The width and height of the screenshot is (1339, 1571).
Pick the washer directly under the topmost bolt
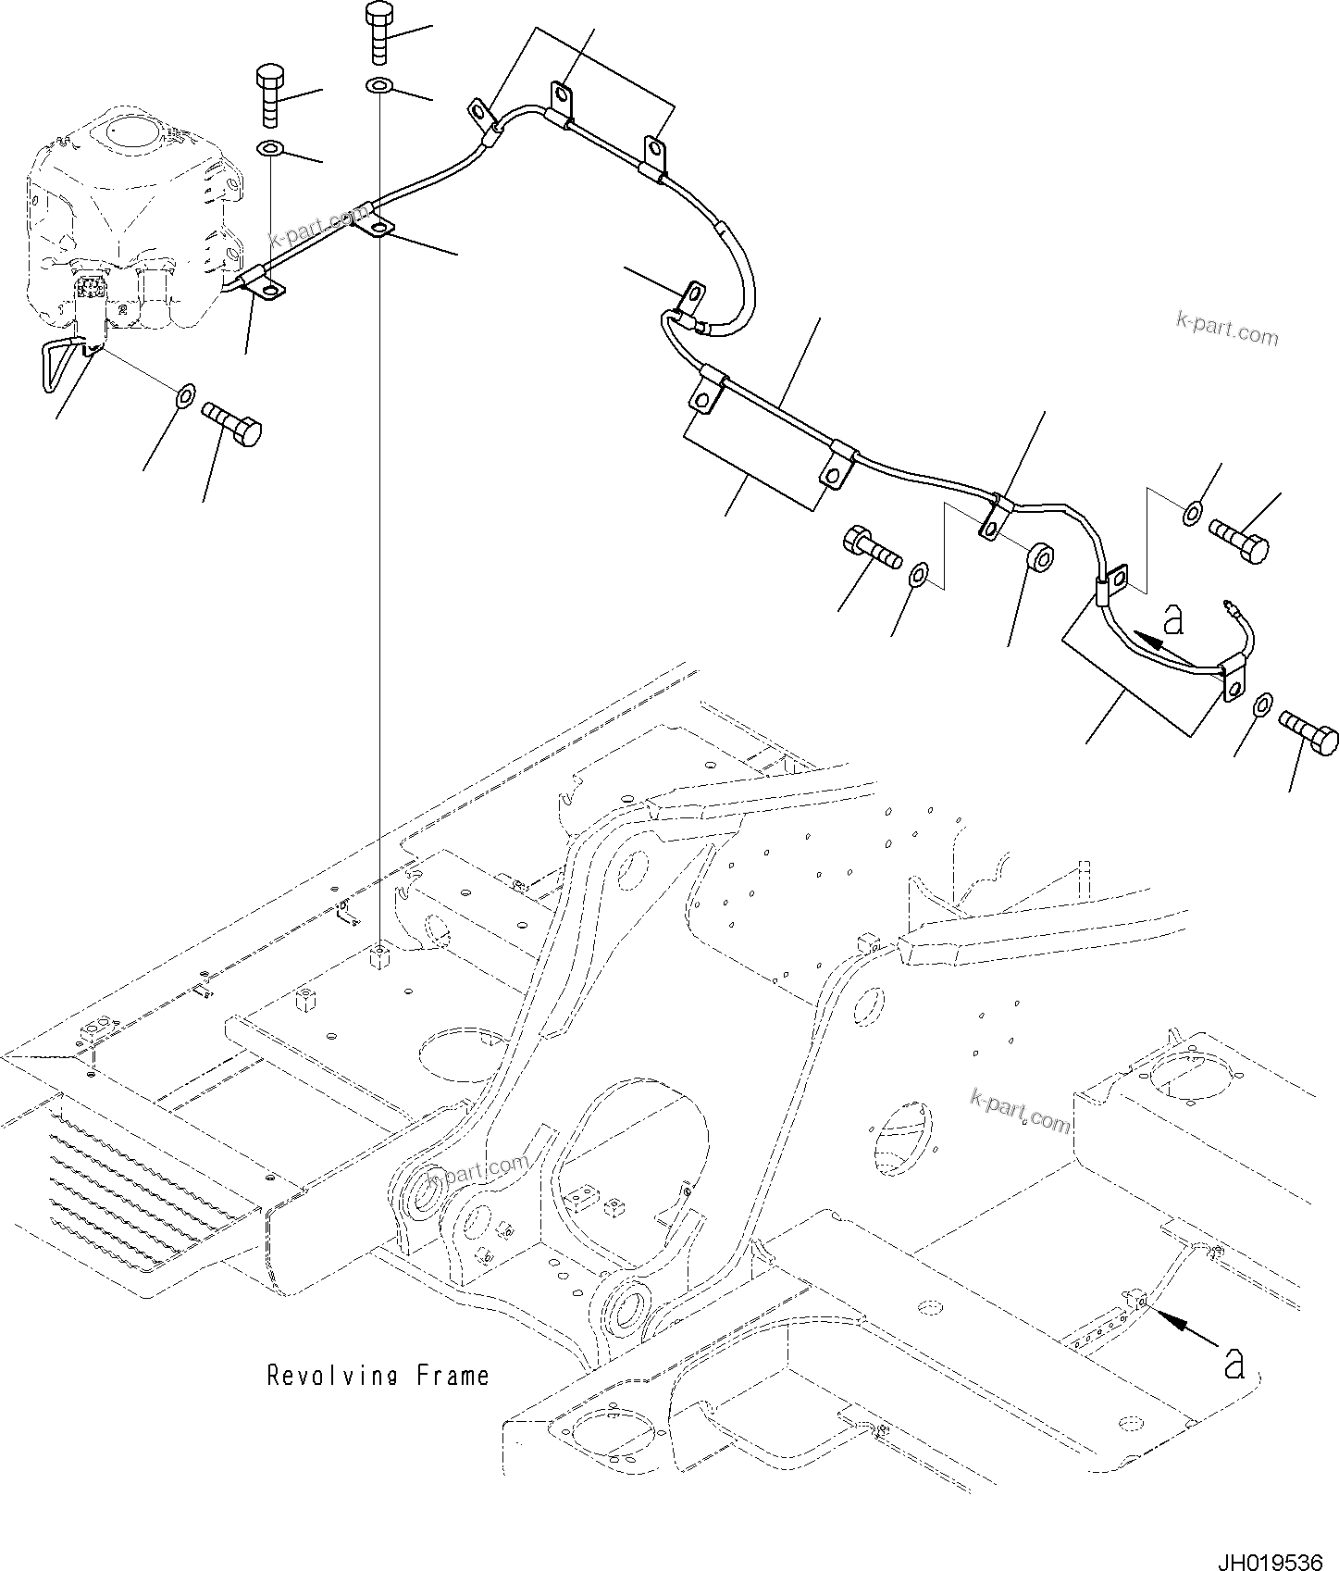[378, 87]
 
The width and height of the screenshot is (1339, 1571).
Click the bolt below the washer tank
[232, 423]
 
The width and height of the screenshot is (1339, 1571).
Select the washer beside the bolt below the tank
[184, 397]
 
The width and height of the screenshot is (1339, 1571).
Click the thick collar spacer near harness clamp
[1042, 558]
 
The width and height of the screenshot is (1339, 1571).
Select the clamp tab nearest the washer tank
[263, 285]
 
